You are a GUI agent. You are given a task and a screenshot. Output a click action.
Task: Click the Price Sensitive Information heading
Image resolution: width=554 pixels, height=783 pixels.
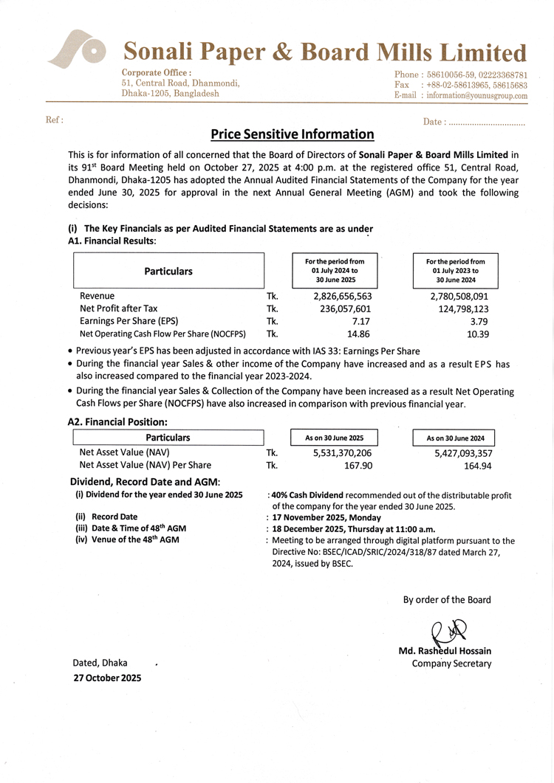pos(293,134)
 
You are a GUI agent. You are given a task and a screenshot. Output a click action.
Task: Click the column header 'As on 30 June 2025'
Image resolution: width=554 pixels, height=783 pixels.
pos(334,438)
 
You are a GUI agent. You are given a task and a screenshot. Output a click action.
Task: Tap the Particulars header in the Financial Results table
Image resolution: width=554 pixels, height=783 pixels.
pos(168,271)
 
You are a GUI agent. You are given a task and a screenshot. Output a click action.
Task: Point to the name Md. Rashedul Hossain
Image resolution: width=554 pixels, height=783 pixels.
pos(445,651)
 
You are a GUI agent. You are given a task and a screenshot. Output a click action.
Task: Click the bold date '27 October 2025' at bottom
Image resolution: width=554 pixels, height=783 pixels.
pos(106,677)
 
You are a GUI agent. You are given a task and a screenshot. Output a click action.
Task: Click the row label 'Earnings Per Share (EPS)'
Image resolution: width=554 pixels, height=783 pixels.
pos(129,321)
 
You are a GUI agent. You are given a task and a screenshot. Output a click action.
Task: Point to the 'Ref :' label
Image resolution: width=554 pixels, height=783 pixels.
pos(55,120)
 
